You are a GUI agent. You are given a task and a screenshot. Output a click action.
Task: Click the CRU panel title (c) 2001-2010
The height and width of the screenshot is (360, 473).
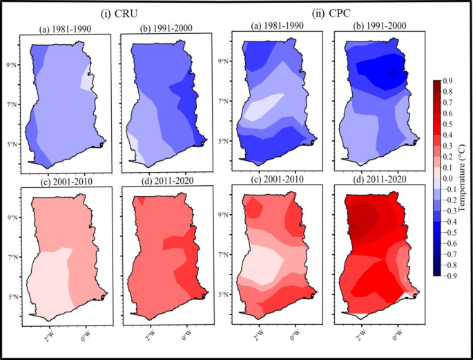coord(64,182)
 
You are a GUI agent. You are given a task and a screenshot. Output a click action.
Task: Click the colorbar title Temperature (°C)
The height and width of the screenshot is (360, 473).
coord(467,178)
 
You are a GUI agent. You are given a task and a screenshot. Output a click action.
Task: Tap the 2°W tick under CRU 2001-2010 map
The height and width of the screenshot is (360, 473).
coord(50,337)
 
